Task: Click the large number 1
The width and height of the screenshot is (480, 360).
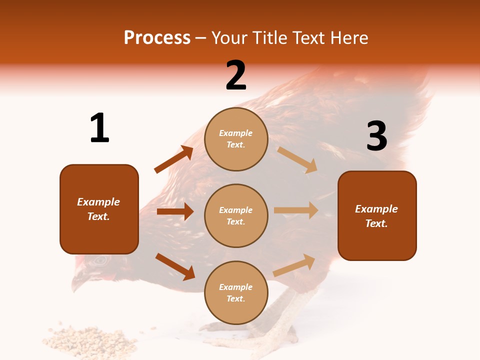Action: point(99,128)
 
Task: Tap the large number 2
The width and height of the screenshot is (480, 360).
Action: point(236,75)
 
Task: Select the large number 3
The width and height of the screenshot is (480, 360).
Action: point(377,136)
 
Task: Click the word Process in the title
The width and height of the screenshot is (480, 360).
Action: point(157,37)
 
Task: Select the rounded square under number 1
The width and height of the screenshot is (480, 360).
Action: point(99,209)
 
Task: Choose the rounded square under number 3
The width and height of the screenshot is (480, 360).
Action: point(377,215)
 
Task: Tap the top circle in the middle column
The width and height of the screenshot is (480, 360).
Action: point(236,139)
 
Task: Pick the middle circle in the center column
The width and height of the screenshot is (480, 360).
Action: point(236,215)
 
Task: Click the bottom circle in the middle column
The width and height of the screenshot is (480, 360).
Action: point(236,292)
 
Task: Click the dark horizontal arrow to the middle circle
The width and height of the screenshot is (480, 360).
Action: point(175,211)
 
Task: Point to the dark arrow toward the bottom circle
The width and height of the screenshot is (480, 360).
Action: point(175,266)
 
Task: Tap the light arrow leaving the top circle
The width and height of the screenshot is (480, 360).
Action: point(297,159)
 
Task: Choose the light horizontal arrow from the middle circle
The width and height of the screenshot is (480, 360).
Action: point(296,210)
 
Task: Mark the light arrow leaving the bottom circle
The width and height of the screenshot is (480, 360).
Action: point(294,265)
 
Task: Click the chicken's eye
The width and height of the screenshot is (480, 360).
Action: point(100,260)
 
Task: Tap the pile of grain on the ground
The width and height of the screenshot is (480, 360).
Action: point(90,340)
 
